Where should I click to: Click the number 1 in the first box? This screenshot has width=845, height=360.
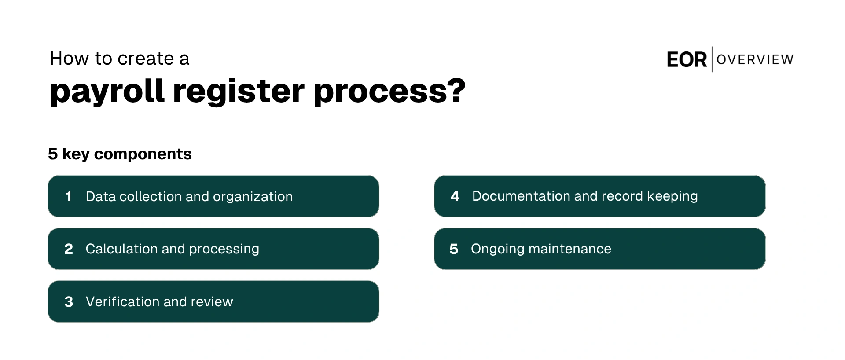68,196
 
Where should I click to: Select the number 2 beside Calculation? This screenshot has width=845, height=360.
69,249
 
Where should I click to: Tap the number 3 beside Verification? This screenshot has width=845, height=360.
69,302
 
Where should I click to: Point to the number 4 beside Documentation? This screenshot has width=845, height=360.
455,196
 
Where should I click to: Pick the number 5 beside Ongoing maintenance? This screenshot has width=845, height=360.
454,249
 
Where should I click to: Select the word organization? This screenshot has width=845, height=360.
253,197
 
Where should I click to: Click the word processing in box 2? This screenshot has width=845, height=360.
224,250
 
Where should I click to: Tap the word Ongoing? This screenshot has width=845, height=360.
497,250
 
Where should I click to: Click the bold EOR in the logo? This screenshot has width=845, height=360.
687,60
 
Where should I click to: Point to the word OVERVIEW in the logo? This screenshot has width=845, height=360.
755,59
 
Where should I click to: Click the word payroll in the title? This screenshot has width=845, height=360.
107,92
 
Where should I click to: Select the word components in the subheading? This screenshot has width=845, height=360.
143,154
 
